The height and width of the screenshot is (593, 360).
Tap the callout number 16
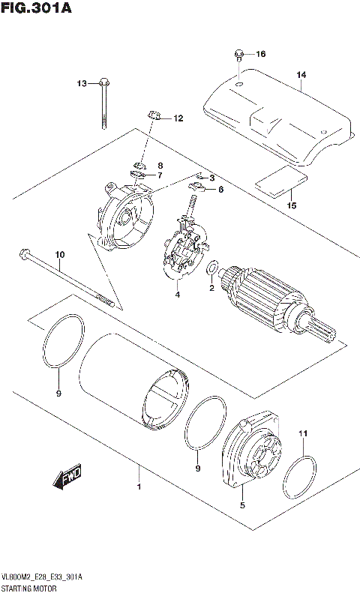click(261, 54)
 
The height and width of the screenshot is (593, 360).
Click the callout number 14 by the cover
click(301, 75)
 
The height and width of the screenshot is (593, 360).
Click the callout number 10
click(60, 255)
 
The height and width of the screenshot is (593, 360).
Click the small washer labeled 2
click(212, 268)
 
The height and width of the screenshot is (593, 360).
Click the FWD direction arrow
click(67, 478)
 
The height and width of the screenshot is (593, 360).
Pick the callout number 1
click(138, 489)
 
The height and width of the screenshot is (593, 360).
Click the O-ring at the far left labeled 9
click(60, 343)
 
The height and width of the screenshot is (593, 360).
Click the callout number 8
click(160, 165)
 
